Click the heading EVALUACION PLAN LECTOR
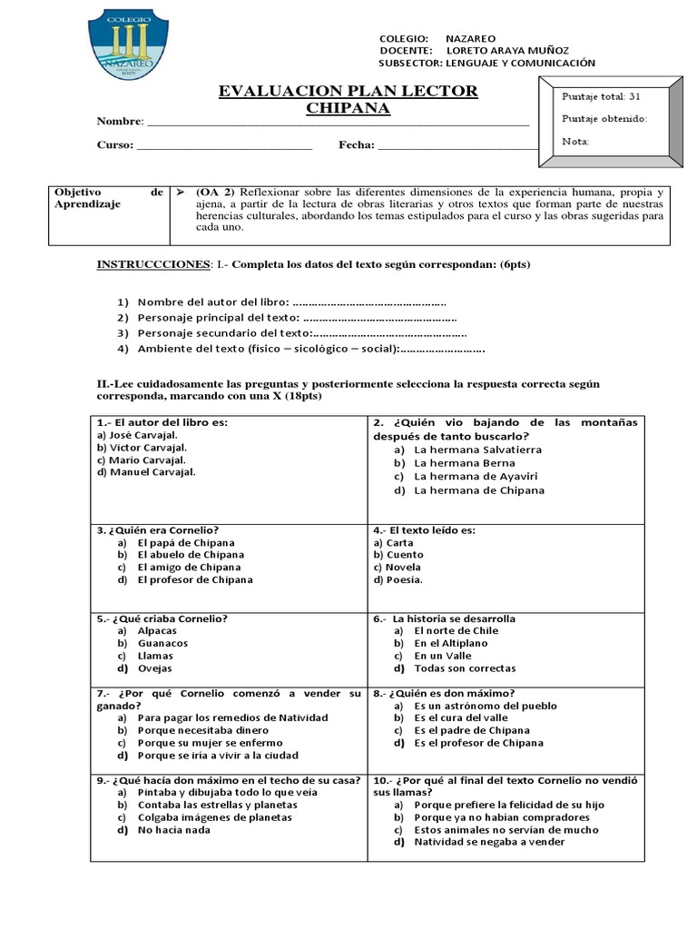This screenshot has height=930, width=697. tap(348, 92)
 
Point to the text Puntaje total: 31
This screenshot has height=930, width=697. tap(601, 96)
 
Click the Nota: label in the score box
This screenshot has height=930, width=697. tap(575, 141)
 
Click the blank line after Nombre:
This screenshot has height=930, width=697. tap(337, 122)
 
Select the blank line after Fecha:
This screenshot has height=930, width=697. tap(457, 145)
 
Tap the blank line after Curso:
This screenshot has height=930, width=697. tap(223, 145)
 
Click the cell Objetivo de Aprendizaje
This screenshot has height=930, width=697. tap(108, 199)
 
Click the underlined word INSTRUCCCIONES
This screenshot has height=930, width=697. tap(152, 264)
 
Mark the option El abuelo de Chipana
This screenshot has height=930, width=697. tap(191, 555)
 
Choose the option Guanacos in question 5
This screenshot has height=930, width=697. tap(162, 643)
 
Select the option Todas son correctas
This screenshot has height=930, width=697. tap(465, 668)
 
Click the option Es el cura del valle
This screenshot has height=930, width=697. tap(460, 717)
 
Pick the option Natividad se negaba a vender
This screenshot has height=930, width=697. tap(489, 842)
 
